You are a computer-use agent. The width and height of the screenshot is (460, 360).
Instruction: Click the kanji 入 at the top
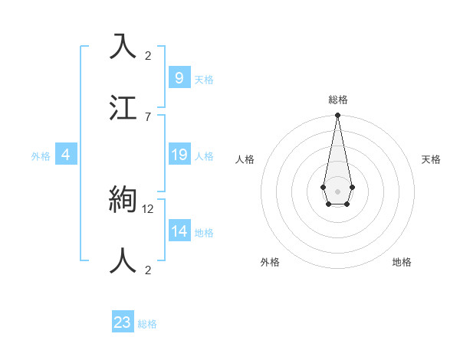coord(123,47)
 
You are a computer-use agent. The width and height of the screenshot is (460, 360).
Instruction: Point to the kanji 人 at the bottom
coord(123,260)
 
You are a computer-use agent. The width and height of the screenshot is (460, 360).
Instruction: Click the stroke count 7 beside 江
coord(148,116)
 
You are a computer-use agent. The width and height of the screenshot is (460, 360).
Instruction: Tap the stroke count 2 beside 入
coord(148,55)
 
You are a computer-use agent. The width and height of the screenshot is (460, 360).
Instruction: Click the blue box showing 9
coord(179,78)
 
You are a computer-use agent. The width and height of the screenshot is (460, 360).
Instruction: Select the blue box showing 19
coord(179,155)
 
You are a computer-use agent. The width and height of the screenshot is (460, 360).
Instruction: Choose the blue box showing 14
coord(179,231)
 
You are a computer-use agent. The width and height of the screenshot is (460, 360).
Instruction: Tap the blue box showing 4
coord(66,155)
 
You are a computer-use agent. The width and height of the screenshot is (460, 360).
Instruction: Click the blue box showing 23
coord(123,322)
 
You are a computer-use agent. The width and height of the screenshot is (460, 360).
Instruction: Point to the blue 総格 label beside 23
coord(148,324)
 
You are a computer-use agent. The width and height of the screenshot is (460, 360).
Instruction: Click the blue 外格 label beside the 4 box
coord(41,156)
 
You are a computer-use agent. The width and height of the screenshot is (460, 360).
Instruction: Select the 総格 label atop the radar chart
coord(338,100)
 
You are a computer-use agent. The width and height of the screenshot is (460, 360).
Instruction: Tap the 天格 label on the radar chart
coord(431,159)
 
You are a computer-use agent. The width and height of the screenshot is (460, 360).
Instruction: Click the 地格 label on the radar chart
coord(402,262)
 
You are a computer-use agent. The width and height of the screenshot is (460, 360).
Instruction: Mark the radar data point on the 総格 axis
coord(337,116)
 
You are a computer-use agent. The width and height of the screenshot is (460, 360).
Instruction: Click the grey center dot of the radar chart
coord(337,191)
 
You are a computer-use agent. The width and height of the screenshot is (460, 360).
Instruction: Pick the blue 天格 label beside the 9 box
coord(204,80)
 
